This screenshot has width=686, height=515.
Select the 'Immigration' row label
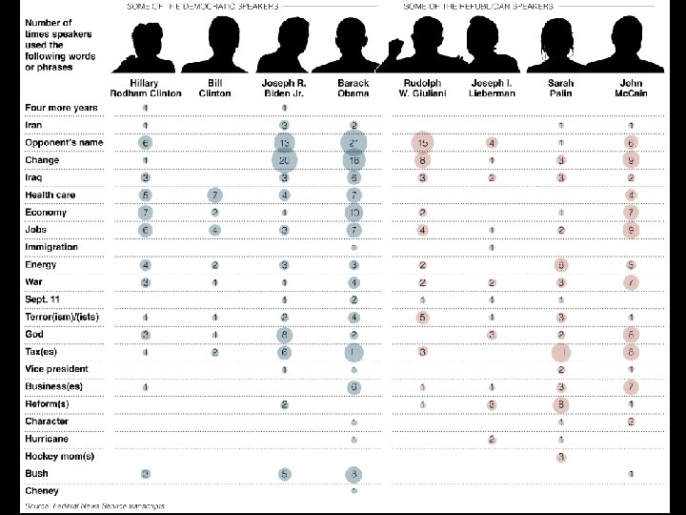click(51, 247)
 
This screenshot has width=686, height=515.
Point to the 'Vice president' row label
click(56, 369)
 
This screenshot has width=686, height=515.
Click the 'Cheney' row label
click(42, 491)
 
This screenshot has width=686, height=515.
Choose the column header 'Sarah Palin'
click(561, 88)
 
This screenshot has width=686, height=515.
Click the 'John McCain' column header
click(631, 88)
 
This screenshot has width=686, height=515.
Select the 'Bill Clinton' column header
click(214, 88)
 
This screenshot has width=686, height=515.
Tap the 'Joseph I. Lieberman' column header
click(492, 88)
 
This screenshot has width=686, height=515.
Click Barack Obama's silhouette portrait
click(353, 43)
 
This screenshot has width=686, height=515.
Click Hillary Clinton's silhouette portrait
click(146, 43)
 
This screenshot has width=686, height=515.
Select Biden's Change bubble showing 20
click(285, 160)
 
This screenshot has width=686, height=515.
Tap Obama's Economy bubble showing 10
click(353, 212)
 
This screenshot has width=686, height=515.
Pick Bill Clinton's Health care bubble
click(215, 195)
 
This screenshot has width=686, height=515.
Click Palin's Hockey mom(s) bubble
click(562, 456)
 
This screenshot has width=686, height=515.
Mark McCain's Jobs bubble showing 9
click(631, 230)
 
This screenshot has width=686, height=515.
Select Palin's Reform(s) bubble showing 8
click(562, 403)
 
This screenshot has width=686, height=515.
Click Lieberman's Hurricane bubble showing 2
click(492, 439)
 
